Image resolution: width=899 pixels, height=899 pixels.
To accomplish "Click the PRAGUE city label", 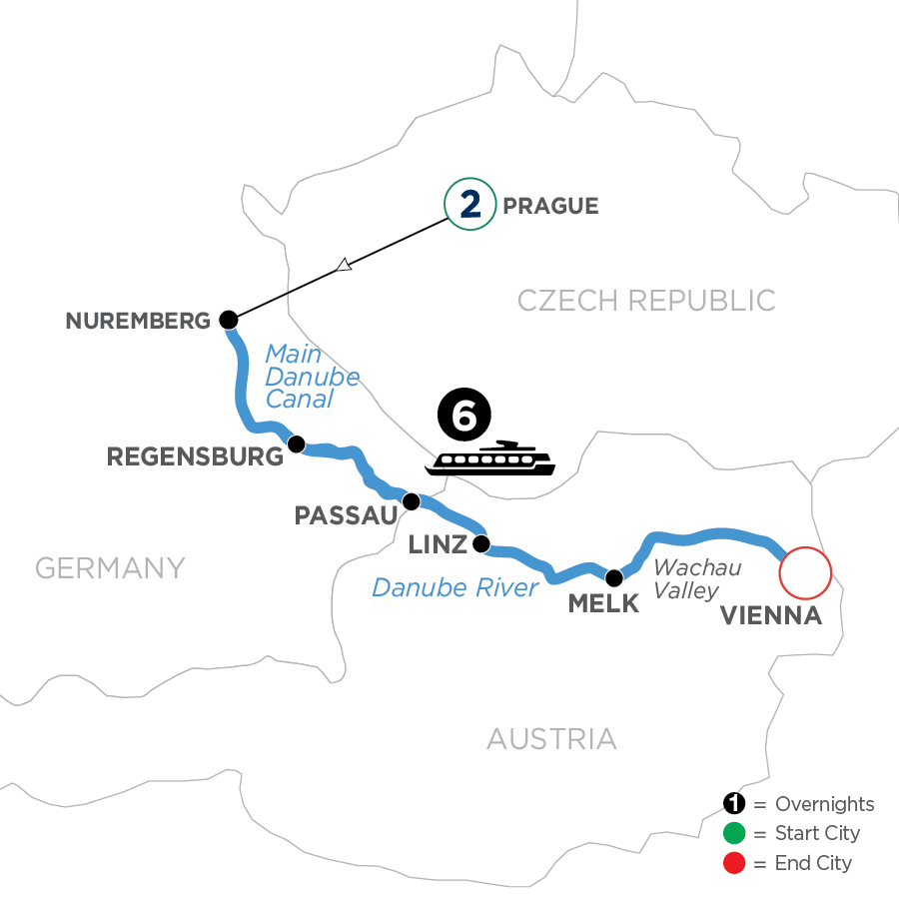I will click(551, 207).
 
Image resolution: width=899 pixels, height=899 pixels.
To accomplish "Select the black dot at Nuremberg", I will click(229, 321).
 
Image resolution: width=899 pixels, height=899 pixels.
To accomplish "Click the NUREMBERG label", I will click(139, 322).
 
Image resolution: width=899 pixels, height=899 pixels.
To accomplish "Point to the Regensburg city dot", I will click(296, 444).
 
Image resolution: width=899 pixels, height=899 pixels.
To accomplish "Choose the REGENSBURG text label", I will click(195, 457).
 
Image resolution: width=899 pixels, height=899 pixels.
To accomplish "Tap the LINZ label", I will click(438, 545).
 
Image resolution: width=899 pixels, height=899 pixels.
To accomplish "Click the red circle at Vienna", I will click(805, 574).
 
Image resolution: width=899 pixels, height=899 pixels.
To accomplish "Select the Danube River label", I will click(454, 587).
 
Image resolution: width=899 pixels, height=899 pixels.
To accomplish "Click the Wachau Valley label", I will click(685, 579).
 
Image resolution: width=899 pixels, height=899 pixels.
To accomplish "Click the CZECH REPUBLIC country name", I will click(646, 300).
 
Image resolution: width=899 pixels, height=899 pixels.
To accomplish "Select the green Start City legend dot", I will click(734, 833).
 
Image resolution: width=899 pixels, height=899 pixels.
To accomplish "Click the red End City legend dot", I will click(734, 862).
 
